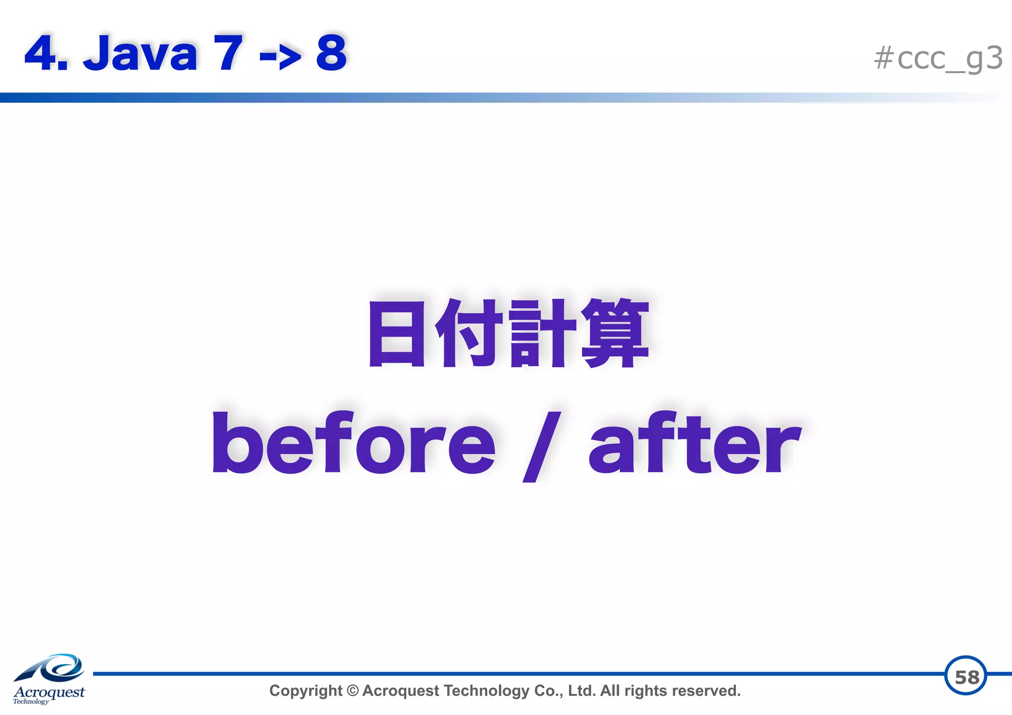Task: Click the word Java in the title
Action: pyautogui.click(x=140, y=53)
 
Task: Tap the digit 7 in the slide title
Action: pyautogui.click(x=228, y=53)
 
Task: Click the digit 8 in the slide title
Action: pyautogui.click(x=332, y=53)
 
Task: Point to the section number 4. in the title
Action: pyautogui.click(x=46, y=53)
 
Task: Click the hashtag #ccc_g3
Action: pyautogui.click(x=938, y=58)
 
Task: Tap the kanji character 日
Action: pyautogui.click(x=396, y=334)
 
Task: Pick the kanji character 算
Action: pyautogui.click(x=615, y=334)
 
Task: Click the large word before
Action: pyautogui.click(x=353, y=442)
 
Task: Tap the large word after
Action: pyautogui.click(x=694, y=442)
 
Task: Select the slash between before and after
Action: pyautogui.click(x=542, y=446)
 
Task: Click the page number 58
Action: pyautogui.click(x=966, y=676)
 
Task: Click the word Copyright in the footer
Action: pyautogui.click(x=305, y=691)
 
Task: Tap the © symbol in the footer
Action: pyautogui.click(x=352, y=691)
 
